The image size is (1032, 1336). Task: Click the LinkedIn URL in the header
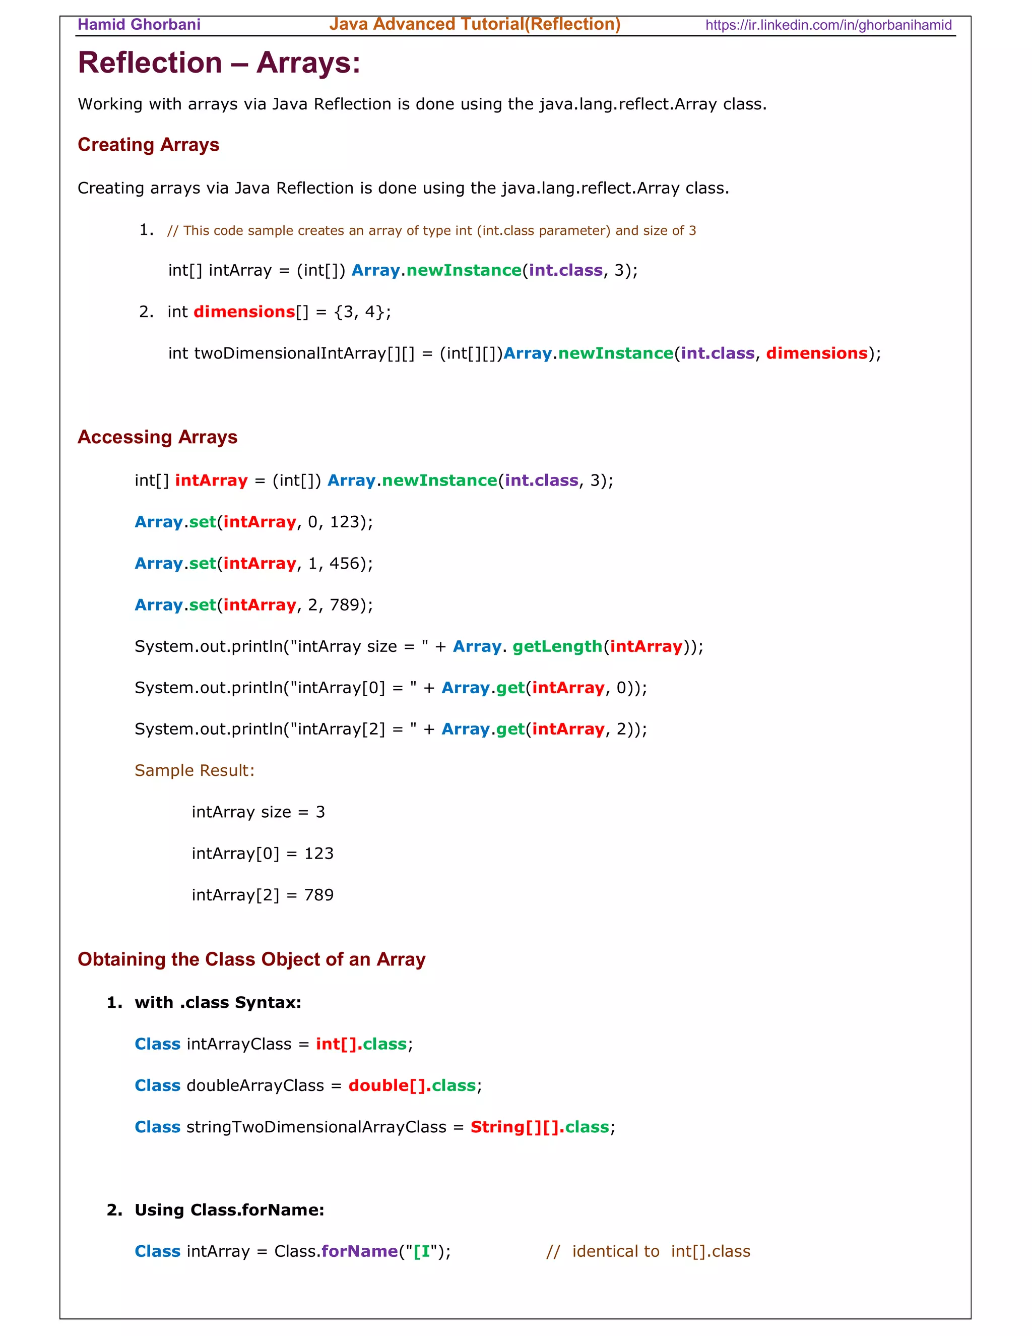click(x=828, y=25)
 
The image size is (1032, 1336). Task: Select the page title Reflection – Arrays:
click(x=219, y=63)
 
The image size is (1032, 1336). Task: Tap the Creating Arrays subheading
click(x=148, y=145)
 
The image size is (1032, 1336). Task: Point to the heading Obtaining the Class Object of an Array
click(x=251, y=959)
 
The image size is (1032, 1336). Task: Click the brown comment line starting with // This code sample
click(x=431, y=230)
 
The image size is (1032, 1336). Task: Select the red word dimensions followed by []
click(x=244, y=312)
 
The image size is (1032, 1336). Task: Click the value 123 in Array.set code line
click(x=344, y=522)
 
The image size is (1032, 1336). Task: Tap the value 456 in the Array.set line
click(x=344, y=564)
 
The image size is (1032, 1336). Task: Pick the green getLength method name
click(x=557, y=647)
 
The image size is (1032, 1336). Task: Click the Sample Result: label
click(x=195, y=770)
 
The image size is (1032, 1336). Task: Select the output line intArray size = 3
click(x=258, y=812)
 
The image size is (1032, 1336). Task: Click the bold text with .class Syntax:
click(x=218, y=1003)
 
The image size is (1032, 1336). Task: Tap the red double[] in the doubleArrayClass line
click(x=386, y=1086)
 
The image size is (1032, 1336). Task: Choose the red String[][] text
click(x=514, y=1127)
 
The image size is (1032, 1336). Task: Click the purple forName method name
click(x=359, y=1252)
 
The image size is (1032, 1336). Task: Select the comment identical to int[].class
click(x=648, y=1252)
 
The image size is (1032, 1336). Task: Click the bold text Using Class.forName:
click(x=229, y=1210)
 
